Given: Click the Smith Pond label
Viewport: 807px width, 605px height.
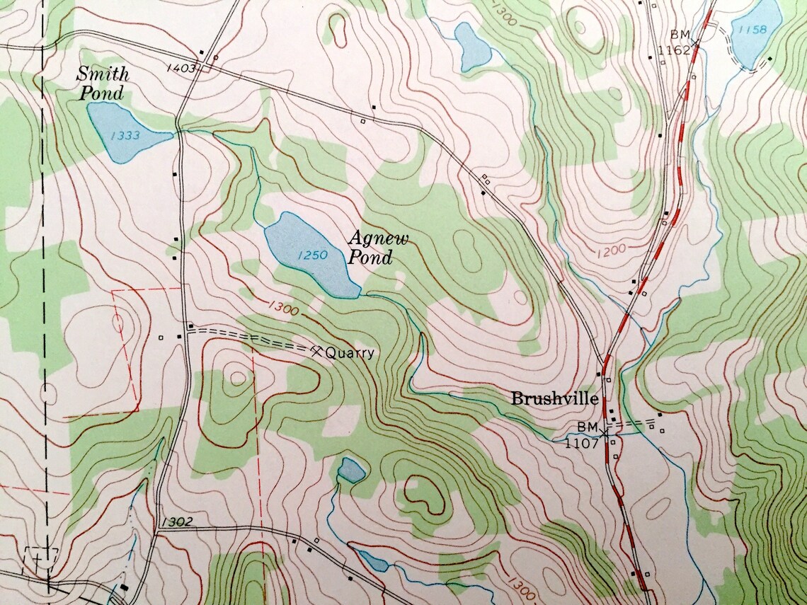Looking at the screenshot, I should point(102,83).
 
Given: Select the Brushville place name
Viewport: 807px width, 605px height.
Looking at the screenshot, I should point(554,399).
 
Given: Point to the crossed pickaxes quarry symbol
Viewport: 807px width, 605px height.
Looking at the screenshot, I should point(316,350).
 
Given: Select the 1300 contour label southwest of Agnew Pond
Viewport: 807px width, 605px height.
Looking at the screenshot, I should point(282,307).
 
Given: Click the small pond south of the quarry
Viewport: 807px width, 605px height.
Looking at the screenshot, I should point(350,469).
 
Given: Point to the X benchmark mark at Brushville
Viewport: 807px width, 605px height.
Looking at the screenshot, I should point(603,430).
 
